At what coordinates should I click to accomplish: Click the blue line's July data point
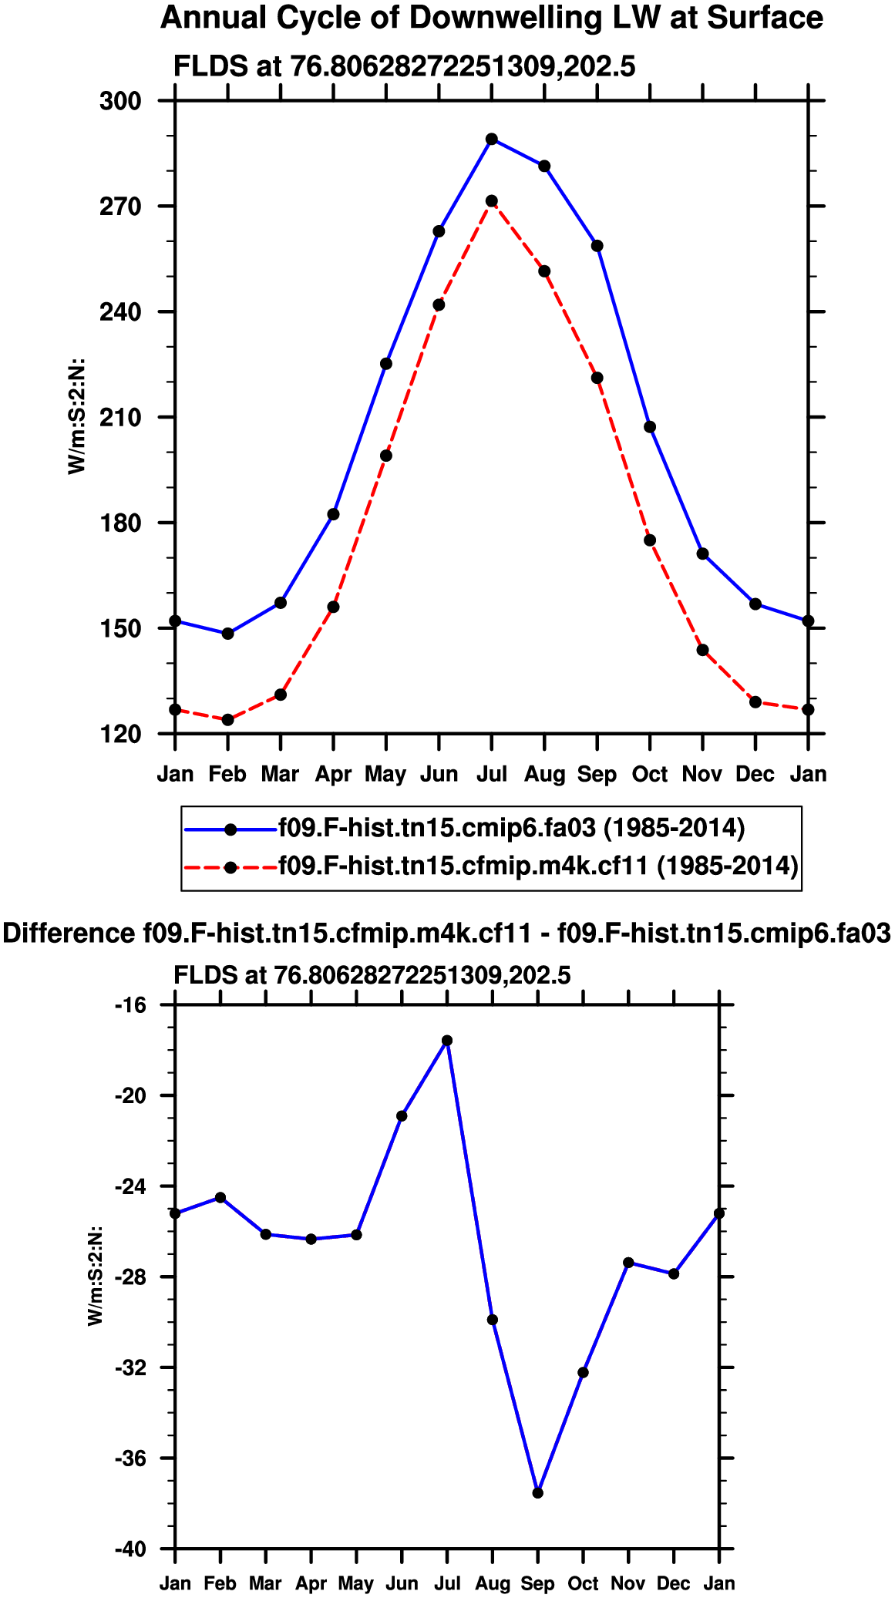[492, 140]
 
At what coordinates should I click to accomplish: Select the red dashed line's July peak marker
[492, 201]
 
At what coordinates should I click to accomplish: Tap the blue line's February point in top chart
[227, 634]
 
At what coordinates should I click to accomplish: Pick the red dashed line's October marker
[650, 540]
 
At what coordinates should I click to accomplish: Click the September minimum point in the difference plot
[538, 1493]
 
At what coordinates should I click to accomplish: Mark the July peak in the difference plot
[447, 1041]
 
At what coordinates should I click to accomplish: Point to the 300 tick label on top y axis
[121, 101]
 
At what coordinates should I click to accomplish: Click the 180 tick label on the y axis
[121, 523]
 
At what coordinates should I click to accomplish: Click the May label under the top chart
[385, 774]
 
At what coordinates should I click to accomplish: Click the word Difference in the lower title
[69, 934]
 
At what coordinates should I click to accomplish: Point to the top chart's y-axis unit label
[76, 416]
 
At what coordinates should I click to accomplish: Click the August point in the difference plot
[493, 1320]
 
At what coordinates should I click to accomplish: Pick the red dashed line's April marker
[333, 607]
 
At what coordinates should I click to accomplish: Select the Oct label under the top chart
[650, 774]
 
